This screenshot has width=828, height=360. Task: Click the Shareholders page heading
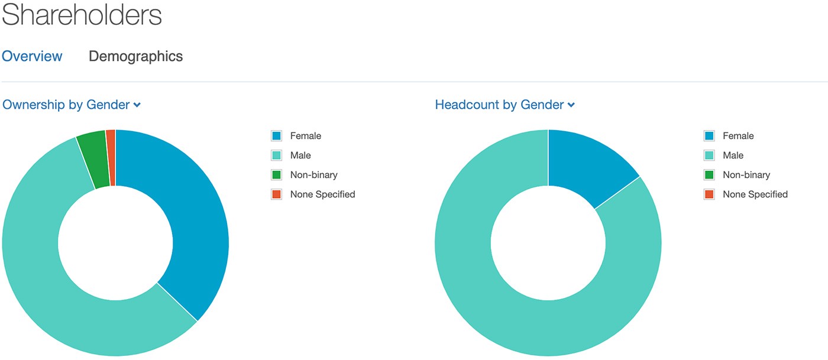pyautogui.click(x=82, y=15)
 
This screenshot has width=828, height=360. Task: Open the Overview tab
pyautogui.click(x=32, y=56)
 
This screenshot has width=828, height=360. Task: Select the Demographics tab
pyautogui.click(x=135, y=57)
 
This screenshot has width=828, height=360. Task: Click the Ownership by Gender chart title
pyautogui.click(x=66, y=105)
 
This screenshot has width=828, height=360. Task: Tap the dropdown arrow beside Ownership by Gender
pyautogui.click(x=137, y=105)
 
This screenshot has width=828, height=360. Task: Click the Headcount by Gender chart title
pyautogui.click(x=499, y=105)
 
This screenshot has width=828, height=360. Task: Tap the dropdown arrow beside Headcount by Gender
pyautogui.click(x=571, y=105)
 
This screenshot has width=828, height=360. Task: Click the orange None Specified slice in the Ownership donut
pyautogui.click(x=111, y=158)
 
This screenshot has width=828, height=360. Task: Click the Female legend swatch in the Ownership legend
pyautogui.click(x=277, y=135)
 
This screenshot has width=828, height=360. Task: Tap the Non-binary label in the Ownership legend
pyautogui.click(x=314, y=175)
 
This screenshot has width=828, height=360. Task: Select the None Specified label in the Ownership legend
pyautogui.click(x=323, y=194)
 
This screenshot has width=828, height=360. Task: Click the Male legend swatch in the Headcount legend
pyautogui.click(x=709, y=155)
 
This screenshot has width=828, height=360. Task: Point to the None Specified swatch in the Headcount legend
pyautogui.click(x=709, y=194)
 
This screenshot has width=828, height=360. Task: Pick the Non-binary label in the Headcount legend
pyautogui.click(x=746, y=175)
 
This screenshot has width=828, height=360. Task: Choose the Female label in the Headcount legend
pyautogui.click(x=738, y=136)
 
